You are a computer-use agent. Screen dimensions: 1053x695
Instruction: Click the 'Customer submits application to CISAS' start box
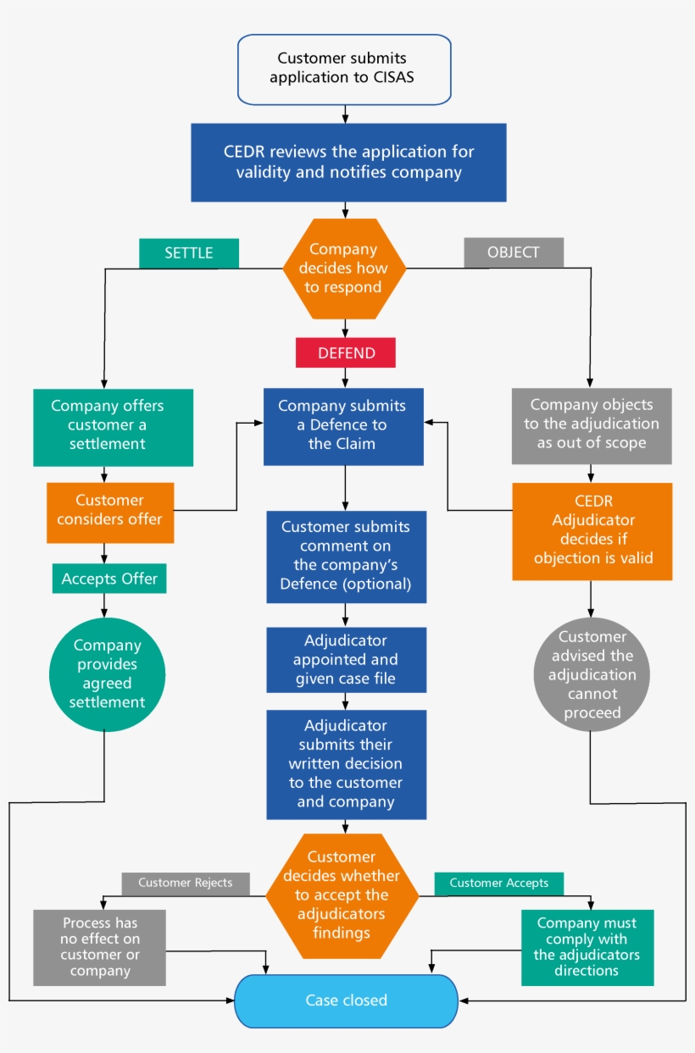343,69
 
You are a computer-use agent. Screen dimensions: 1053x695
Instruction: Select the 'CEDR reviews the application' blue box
348,163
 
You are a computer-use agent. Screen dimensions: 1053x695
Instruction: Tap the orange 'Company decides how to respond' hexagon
344,268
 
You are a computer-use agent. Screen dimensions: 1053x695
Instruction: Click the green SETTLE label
188,253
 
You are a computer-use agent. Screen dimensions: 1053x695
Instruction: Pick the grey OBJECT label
514,253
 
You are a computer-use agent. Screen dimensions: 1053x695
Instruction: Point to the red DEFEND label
345,353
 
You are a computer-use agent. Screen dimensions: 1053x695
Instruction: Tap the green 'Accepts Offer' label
109,579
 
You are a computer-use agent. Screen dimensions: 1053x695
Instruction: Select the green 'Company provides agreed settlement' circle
107,673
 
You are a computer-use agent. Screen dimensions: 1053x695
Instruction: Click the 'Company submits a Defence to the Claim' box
343,426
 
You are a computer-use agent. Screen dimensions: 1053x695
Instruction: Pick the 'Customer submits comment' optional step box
345,557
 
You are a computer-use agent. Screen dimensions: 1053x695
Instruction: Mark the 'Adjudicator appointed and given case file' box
345,659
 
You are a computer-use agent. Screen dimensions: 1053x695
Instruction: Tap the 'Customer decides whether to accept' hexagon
342,895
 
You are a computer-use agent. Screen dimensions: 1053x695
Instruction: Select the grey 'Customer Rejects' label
185,884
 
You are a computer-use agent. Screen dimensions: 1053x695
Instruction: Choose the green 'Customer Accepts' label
498,884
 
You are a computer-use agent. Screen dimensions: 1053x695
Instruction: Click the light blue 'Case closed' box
346,1000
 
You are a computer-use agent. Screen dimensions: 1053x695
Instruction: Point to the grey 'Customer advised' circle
592,675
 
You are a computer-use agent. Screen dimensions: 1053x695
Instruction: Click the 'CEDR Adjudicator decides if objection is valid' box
592,531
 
